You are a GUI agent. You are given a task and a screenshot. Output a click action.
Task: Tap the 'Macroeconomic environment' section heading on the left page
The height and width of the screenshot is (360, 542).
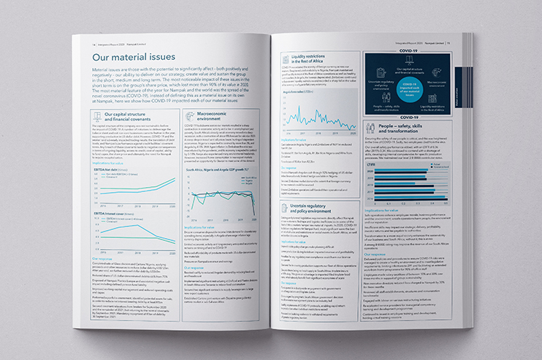click(x=209, y=116)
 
